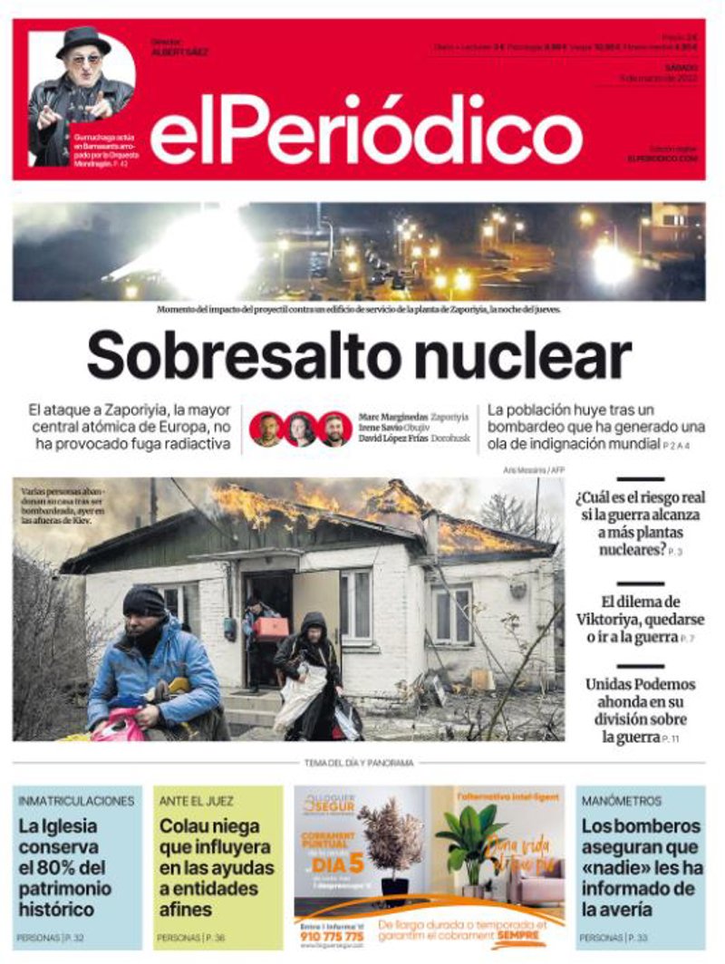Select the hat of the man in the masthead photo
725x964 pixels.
pos(83,39)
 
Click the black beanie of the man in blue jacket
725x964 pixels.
pos(144,600)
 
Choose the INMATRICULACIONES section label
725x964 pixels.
pos(76,801)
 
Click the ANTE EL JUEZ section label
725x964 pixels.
pos(196,801)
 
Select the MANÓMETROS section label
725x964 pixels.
pos(622,801)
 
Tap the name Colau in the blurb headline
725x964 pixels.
pos(184,826)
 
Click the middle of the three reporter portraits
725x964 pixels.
pos(301,429)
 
